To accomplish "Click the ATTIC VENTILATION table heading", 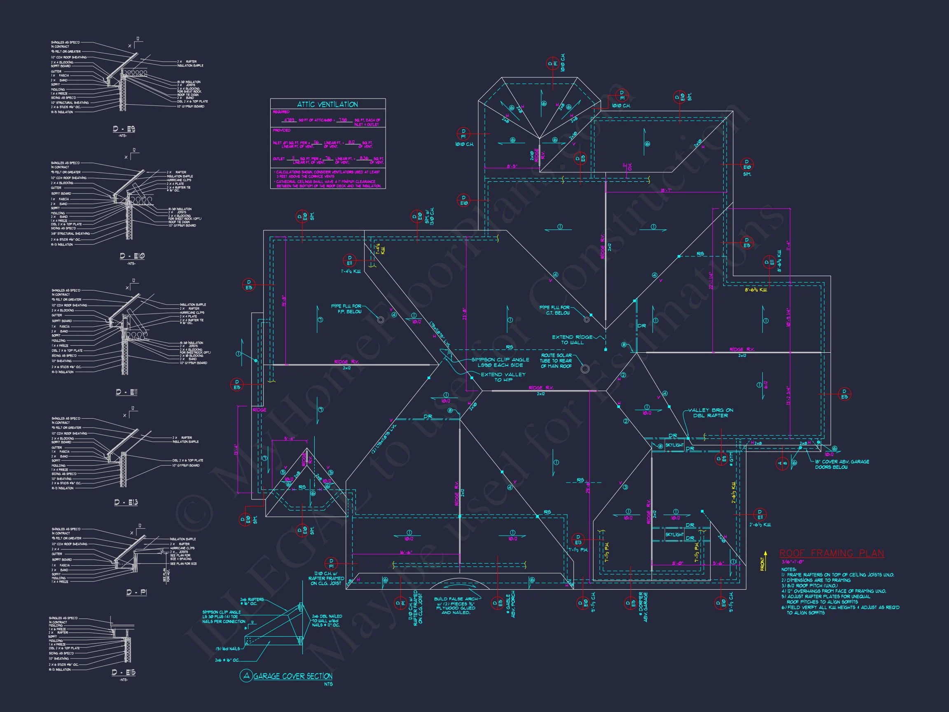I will pyautogui.click(x=327, y=104).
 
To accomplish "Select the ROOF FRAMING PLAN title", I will pyautogui.click(x=832, y=553).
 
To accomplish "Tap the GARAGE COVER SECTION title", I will pyautogui.click(x=292, y=676).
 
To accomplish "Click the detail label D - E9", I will pyautogui.click(x=124, y=129).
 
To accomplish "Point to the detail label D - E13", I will pyautogui.click(x=126, y=502).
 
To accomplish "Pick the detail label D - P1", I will pyautogui.click(x=136, y=592).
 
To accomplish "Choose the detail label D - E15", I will pyautogui.click(x=124, y=672).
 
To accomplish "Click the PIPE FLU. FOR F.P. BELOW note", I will pyautogui.click(x=346, y=309).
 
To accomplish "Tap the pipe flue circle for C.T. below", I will pyautogui.click(x=587, y=319).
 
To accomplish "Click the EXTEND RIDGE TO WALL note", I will pyautogui.click(x=572, y=340).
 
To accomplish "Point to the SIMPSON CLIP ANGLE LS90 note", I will pyautogui.click(x=500, y=362).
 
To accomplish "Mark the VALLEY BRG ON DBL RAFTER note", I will pyautogui.click(x=711, y=413).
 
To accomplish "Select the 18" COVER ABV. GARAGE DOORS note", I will pyautogui.click(x=842, y=464).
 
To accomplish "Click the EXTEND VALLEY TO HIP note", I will pyautogui.click(x=503, y=377).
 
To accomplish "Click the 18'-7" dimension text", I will pyautogui.click(x=666, y=190).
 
